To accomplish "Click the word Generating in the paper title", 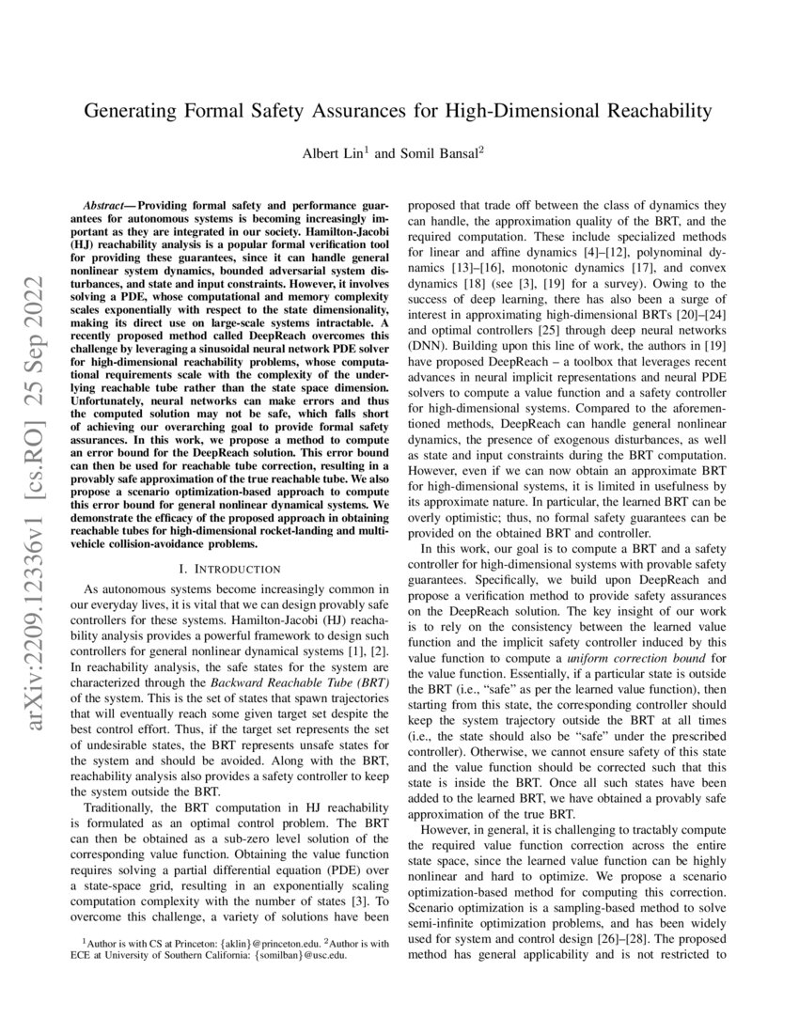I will point(134,111).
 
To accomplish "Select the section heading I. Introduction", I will point(230,569).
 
